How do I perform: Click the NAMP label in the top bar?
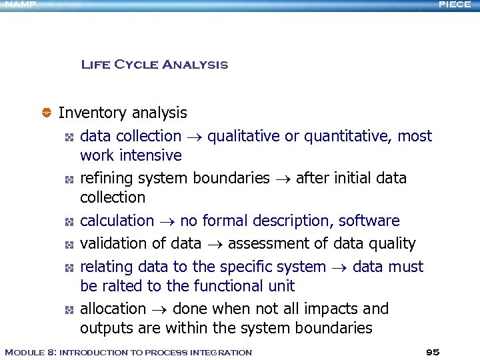pyautogui.click(x=17, y=5)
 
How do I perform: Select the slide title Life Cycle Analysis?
pyautogui.click(x=154, y=65)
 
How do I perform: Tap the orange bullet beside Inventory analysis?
pyautogui.click(x=47, y=113)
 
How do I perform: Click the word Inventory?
pyautogui.click(x=93, y=113)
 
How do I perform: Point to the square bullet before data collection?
pyautogui.click(x=68, y=137)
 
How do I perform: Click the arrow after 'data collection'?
pyautogui.click(x=194, y=137)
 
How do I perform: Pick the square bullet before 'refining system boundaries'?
pyautogui.click(x=68, y=179)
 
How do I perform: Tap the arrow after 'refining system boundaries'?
pyautogui.click(x=283, y=179)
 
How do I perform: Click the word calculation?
pyautogui.click(x=117, y=221)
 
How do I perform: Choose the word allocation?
pyautogui.click(x=113, y=309)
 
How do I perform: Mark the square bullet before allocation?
pyautogui.click(x=68, y=310)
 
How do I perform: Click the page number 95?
pyautogui.click(x=433, y=352)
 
